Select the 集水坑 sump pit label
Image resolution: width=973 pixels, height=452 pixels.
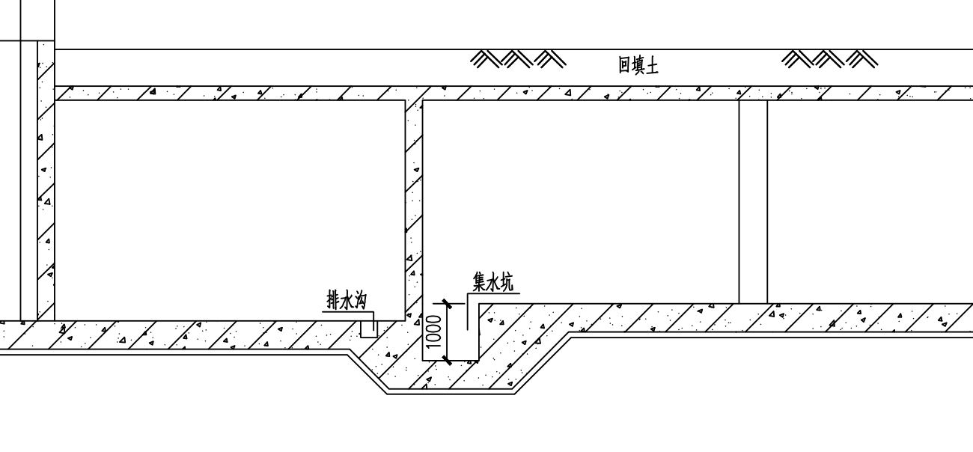(x=493, y=282)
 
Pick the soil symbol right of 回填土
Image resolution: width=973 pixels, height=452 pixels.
(x=829, y=59)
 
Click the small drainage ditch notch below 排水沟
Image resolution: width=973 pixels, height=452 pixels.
(x=369, y=328)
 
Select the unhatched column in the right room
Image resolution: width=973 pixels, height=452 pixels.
(x=753, y=201)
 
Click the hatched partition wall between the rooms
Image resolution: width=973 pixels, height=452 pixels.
(x=414, y=202)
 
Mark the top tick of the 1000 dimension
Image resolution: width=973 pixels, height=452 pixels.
(x=447, y=304)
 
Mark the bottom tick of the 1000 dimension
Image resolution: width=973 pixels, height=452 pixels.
(x=447, y=361)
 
